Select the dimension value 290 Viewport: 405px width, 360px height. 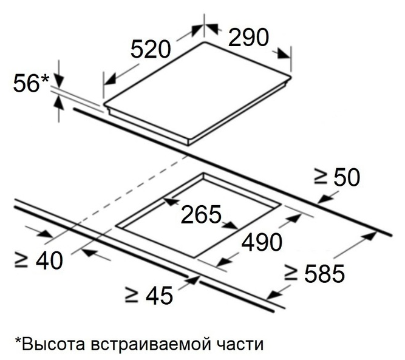[248, 38]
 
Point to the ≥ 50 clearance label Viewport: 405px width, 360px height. [337, 177]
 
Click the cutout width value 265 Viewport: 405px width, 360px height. [200, 214]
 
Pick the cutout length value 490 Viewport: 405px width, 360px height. [262, 243]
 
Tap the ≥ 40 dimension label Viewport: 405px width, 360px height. [38, 260]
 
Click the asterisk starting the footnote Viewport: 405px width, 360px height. [18, 342]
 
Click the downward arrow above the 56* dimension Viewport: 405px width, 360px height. [59, 78]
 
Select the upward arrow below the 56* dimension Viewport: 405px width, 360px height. [59, 103]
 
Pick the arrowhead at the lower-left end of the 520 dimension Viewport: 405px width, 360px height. [109, 80]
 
